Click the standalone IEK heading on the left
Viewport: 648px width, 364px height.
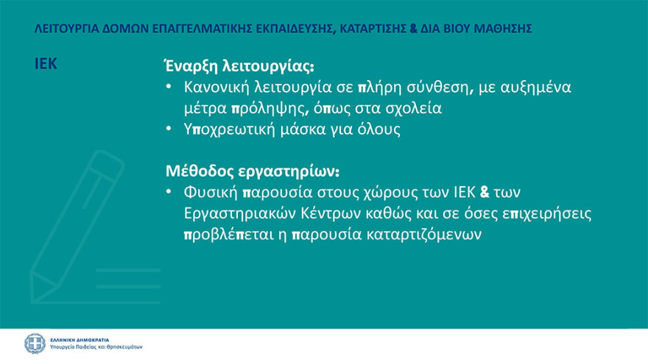click(x=46, y=63)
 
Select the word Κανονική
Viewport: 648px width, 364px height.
click(x=217, y=88)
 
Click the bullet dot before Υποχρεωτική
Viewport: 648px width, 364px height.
click(x=169, y=129)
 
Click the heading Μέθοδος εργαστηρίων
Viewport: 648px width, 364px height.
click(x=251, y=173)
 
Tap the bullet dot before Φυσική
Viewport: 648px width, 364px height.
click(x=169, y=193)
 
